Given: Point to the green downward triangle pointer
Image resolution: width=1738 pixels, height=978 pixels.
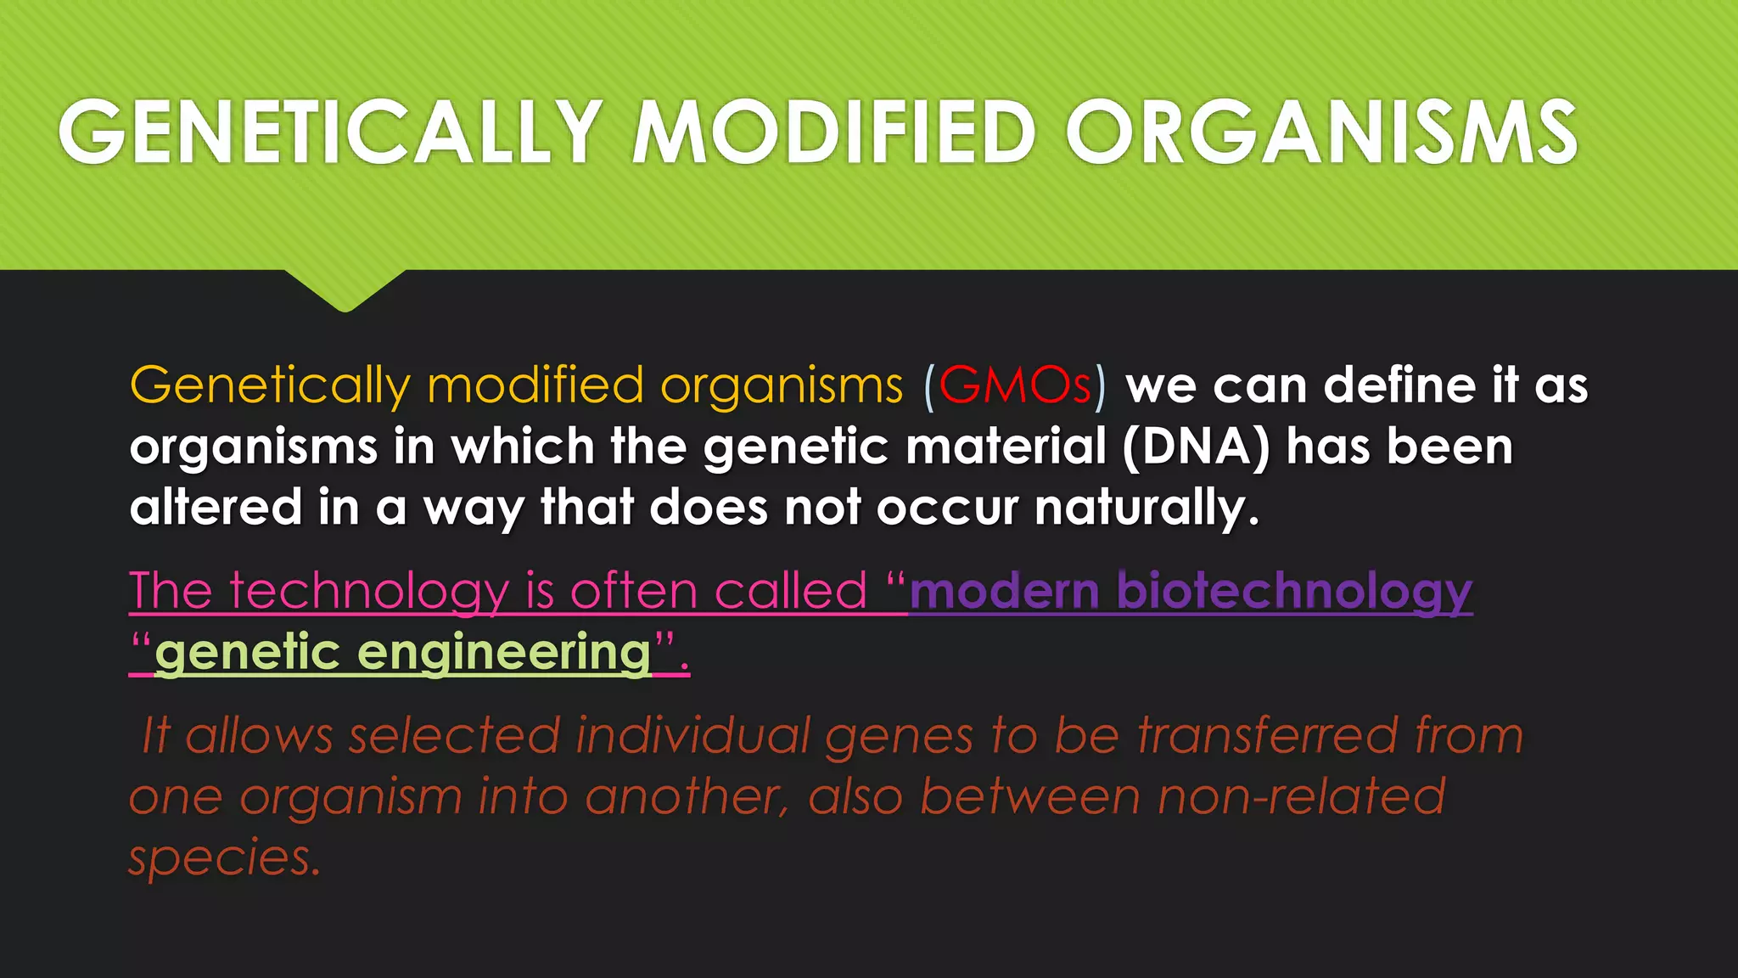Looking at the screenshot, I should [345, 289].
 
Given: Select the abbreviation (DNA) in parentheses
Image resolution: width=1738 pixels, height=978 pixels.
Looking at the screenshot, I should [1196, 447].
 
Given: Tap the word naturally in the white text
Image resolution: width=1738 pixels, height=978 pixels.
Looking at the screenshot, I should [1146, 509].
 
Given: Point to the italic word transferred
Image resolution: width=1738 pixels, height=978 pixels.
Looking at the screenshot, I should [1267, 735].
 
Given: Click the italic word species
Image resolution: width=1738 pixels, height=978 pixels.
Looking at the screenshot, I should [224, 859].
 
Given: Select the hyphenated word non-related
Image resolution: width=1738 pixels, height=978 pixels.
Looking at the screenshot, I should [1301, 797].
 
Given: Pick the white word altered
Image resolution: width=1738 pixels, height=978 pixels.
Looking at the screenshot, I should [216, 507].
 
